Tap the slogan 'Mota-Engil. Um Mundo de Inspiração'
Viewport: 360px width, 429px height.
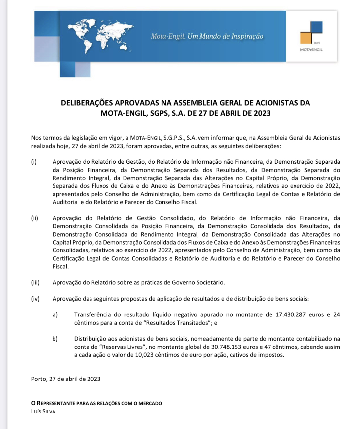tap(207, 36)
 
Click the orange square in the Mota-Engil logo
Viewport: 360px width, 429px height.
tap(306, 38)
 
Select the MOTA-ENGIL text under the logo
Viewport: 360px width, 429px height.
tap(311, 50)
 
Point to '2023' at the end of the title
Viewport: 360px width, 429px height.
tap(262, 113)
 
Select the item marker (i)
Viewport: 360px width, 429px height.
tap(34, 162)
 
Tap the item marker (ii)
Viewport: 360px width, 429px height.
tap(34, 218)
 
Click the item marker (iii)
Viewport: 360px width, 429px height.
tap(35, 283)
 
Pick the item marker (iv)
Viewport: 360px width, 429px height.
tap(35, 299)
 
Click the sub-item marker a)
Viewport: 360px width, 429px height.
tap(55, 315)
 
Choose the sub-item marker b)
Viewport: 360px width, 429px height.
tap(55, 339)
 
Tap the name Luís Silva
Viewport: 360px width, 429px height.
tap(43, 412)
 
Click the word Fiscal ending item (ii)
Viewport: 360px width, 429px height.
tap(60, 267)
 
